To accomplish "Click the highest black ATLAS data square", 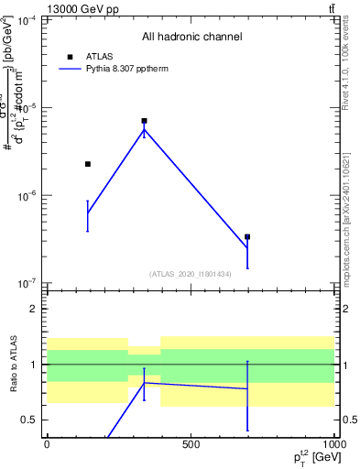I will (144, 121).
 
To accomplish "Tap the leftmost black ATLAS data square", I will (88, 164).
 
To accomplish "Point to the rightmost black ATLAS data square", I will (247, 237).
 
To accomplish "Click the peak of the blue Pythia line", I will (144, 130).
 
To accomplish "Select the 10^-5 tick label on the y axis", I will (27, 108).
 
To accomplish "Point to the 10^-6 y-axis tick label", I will (27, 196).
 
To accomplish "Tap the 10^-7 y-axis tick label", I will (27, 283).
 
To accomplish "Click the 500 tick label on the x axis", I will (191, 444).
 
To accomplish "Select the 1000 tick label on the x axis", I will (333, 444).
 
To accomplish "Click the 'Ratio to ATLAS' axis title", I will (11, 364).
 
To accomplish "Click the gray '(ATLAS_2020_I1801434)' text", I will (190, 274).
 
